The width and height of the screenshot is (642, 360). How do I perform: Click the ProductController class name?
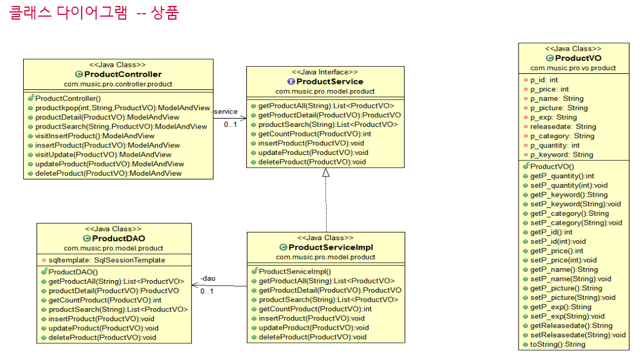pos(123,75)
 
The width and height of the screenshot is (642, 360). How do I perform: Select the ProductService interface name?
pos(330,82)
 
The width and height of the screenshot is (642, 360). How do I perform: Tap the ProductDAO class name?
pos(119,238)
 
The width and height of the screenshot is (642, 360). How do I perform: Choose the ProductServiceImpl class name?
pos(330,247)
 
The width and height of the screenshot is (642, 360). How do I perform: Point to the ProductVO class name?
pos(578,58)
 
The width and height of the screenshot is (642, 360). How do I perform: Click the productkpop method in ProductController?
pos(122,108)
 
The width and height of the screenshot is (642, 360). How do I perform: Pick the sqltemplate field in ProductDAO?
pos(107,260)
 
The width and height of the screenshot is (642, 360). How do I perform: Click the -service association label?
pos(225,111)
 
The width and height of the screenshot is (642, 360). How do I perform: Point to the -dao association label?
pos(207,278)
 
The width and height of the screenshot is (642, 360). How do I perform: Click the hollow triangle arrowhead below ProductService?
pos(326,173)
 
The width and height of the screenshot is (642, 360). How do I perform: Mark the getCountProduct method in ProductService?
pos(315,134)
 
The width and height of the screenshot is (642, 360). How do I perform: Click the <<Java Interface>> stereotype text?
pos(325,72)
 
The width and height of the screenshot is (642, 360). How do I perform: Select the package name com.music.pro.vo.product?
pos(573,68)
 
